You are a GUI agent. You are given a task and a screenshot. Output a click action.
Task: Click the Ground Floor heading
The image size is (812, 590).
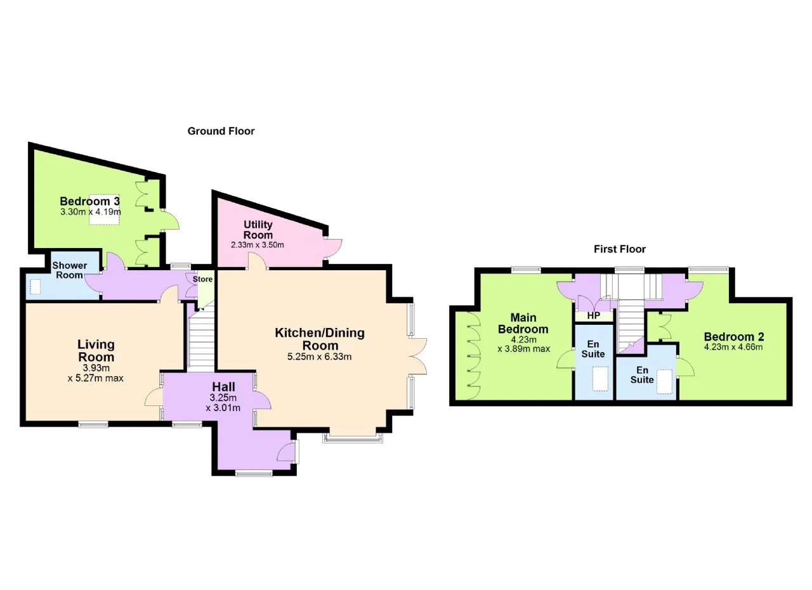pyautogui.click(x=221, y=131)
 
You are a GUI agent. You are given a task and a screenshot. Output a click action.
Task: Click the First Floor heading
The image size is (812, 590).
pyautogui.click(x=620, y=249)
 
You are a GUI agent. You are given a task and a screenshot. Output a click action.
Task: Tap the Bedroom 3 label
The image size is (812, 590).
pyautogui.click(x=89, y=201)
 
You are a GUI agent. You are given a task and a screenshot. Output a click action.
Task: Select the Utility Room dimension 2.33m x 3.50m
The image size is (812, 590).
pyautogui.click(x=258, y=245)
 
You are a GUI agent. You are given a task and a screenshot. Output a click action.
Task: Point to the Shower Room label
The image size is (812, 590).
pyautogui.click(x=70, y=270)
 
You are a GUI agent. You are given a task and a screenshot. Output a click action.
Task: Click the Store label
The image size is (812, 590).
pyautogui.click(x=202, y=279)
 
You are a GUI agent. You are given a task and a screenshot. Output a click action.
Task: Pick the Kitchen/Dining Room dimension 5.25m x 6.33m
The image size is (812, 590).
pyautogui.click(x=319, y=357)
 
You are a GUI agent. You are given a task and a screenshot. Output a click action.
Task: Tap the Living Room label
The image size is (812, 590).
pyautogui.click(x=96, y=350)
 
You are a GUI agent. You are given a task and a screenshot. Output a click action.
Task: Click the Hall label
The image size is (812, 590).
pyautogui.click(x=224, y=387)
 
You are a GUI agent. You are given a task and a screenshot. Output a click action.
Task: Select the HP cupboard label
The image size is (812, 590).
pyautogui.click(x=593, y=316)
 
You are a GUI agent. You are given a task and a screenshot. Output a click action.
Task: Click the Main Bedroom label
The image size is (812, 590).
pyautogui.click(x=523, y=324)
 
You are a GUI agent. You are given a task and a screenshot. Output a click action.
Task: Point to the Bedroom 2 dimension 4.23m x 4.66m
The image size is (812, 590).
pyautogui.click(x=733, y=347)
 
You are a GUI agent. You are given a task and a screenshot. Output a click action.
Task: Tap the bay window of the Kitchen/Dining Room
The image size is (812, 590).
pyautogui.click(x=353, y=438)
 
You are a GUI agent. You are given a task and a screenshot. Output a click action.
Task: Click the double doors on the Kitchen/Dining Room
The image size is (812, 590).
pyautogui.click(x=417, y=357)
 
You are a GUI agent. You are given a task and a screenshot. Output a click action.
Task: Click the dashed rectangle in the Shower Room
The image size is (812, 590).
pyautogui.click(x=35, y=287)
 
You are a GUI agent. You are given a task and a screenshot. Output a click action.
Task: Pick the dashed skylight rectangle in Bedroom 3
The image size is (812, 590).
pyautogui.click(x=105, y=209)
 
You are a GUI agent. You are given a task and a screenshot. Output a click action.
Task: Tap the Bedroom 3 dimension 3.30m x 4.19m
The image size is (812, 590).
pyautogui.click(x=91, y=212)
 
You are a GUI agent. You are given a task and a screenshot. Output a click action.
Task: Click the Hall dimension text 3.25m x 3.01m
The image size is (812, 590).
pyautogui.click(x=223, y=403)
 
